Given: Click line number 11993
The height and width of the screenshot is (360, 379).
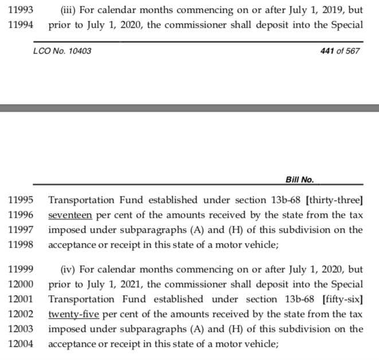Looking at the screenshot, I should pos(20,9).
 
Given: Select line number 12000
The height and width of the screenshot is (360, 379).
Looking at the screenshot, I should pos(20,284).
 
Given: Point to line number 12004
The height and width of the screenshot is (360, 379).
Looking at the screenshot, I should pos(20,344).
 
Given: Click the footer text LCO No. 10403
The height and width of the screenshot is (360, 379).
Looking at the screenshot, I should pos(62,51).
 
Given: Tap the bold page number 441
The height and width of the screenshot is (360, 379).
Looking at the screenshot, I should pos(328,51).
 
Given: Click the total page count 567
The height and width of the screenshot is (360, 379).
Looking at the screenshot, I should pos(350,51).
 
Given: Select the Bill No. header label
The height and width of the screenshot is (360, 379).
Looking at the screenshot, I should pos(299,179).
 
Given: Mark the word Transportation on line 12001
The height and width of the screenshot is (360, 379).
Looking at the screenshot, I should pos(82,299).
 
